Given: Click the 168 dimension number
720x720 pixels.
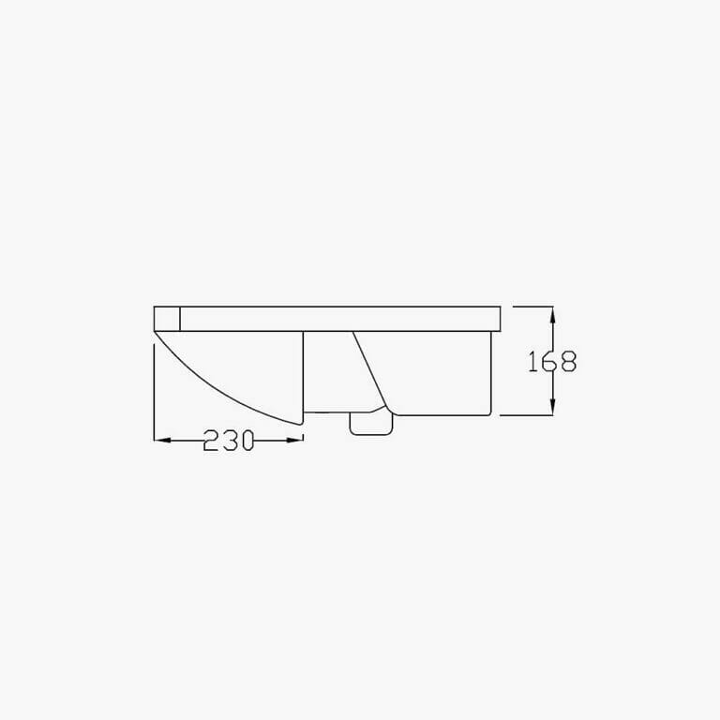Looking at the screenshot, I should pos(552,361).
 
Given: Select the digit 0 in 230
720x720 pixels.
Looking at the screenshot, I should pos(246,441).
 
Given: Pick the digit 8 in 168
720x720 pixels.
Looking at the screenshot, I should pos(567,361).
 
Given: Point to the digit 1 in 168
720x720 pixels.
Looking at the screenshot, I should pos(532,361).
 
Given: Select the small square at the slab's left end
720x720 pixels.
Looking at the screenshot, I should pos(166,319).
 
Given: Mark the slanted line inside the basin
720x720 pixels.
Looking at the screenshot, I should pos(370,369).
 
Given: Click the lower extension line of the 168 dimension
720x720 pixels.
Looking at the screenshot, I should pos(525,414).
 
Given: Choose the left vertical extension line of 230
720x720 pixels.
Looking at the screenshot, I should pos(153,394).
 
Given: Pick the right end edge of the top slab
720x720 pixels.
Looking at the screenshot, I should pos(501,319).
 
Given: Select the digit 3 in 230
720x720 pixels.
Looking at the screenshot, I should pos(229,441).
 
